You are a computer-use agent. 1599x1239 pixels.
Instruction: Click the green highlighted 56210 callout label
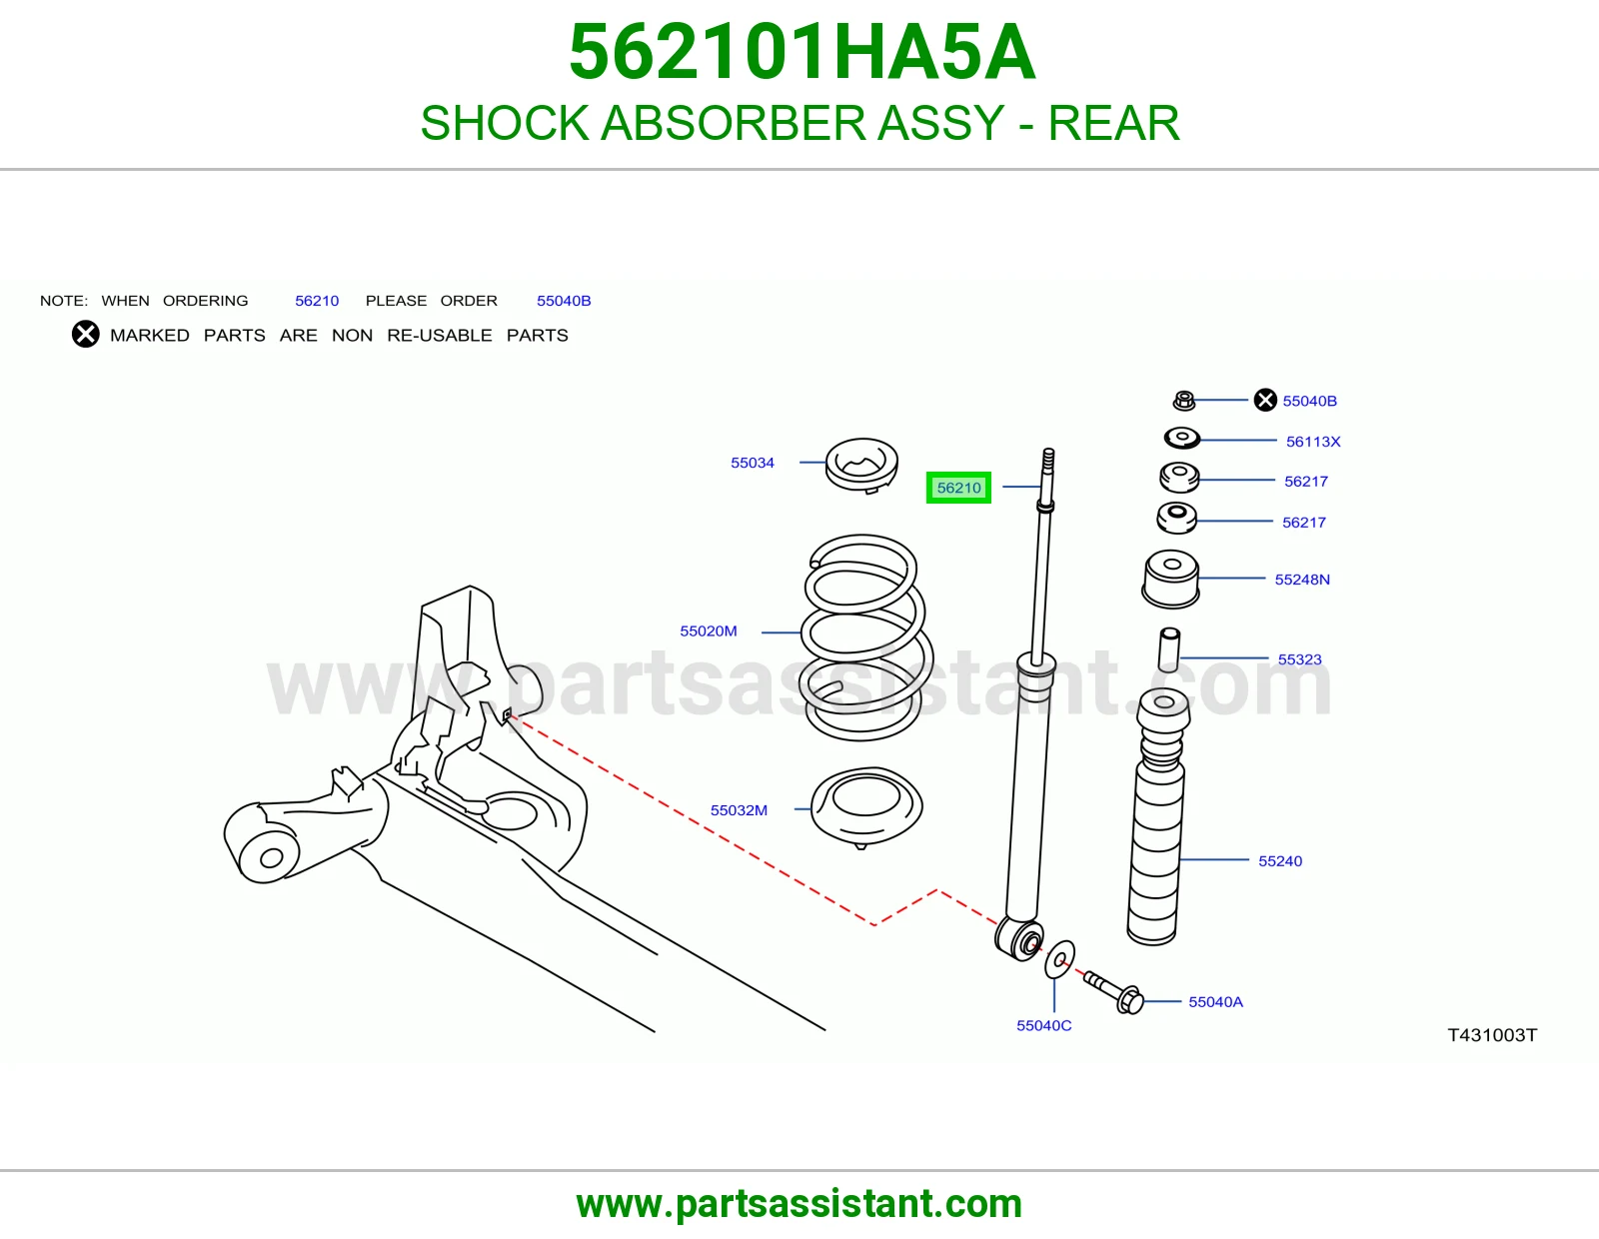[x=958, y=488]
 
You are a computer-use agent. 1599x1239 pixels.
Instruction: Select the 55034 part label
[x=753, y=463]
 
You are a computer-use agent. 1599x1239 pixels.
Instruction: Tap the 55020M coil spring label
[x=708, y=631]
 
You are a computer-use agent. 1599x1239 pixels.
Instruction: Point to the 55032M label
[x=739, y=810]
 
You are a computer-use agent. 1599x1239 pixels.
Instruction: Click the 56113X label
[x=1313, y=442]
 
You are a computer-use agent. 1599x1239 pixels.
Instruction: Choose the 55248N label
[x=1302, y=580]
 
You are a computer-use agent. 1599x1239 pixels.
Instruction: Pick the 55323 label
[x=1299, y=659]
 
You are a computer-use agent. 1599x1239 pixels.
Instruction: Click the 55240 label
[x=1279, y=861]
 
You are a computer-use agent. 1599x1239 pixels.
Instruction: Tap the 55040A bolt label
[x=1215, y=1002]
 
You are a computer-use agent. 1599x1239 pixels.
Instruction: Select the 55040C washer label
[x=1043, y=1025]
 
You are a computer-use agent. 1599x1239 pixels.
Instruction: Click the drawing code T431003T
[x=1492, y=1035]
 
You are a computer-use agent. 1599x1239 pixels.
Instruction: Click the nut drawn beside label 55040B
[x=1184, y=401]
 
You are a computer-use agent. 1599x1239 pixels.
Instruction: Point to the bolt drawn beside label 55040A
[x=1113, y=991]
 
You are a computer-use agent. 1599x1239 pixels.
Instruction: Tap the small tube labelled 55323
[x=1169, y=648]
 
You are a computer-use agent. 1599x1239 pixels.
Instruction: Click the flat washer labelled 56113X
[x=1182, y=438]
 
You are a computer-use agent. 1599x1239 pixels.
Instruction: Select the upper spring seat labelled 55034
[x=861, y=466]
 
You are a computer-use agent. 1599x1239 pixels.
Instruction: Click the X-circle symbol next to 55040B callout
[x=1265, y=401]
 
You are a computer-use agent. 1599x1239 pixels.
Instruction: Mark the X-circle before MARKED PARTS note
[x=85, y=334]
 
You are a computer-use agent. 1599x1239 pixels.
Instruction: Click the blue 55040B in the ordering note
[x=564, y=301]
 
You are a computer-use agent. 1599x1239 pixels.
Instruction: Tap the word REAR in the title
[x=1113, y=123]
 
